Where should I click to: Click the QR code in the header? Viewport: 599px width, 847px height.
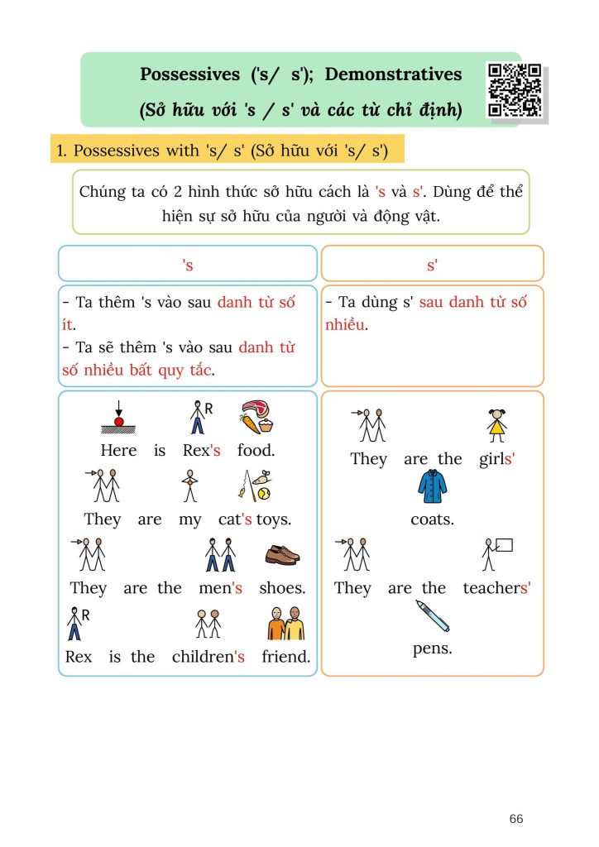[515, 90]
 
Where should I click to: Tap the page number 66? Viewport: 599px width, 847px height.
[516, 819]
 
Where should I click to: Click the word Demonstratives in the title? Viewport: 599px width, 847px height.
[393, 74]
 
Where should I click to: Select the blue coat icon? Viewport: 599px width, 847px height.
[431, 487]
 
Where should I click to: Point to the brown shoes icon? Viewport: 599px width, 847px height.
[282, 554]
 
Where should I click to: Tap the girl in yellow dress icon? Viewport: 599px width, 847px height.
[496, 425]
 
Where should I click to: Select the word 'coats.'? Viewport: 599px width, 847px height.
[432, 520]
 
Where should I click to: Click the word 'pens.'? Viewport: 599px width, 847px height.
[432, 648]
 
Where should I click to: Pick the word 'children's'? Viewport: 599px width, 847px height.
[208, 658]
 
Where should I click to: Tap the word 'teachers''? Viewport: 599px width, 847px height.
[496, 588]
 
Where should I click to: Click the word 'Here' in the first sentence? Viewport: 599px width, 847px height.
[118, 451]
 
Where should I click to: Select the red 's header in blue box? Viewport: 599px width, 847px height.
[187, 265]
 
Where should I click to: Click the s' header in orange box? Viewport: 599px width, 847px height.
[432, 265]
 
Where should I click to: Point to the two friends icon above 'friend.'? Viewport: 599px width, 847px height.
[285, 624]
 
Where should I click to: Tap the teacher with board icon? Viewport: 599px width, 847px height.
[497, 554]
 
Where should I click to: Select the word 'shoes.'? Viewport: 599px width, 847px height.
[282, 588]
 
